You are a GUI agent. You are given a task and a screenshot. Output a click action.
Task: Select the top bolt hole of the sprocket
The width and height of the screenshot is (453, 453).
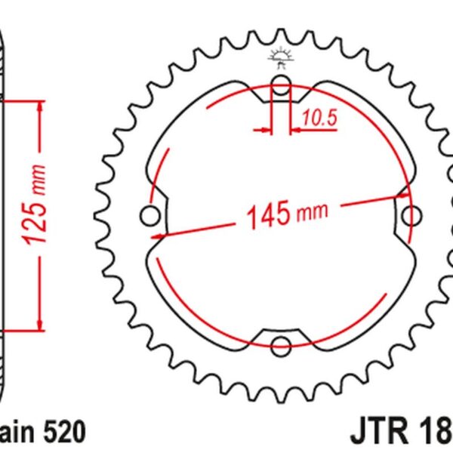tap(281, 84)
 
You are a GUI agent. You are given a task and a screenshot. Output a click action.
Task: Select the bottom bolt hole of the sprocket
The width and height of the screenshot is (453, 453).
tap(281, 346)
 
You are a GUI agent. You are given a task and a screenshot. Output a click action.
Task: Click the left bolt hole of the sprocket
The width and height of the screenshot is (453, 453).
tap(148, 217)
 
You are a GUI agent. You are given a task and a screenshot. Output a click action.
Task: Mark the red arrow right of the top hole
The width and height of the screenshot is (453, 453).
tap(297, 130)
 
